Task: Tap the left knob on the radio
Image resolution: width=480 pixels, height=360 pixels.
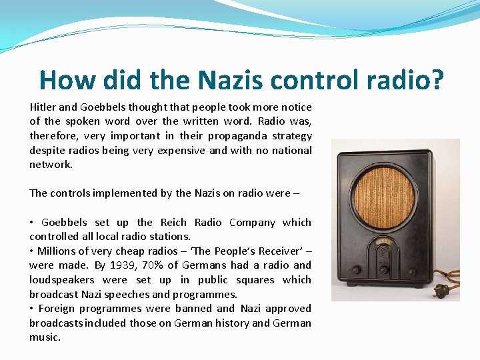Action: pyautogui.click(x=357, y=270)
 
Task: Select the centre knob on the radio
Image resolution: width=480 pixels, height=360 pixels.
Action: pyautogui.click(x=385, y=271)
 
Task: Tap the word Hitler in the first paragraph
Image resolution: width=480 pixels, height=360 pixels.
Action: pyautogui.click(x=43, y=107)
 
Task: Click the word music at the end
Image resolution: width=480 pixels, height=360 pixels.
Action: pyautogui.click(x=45, y=337)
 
